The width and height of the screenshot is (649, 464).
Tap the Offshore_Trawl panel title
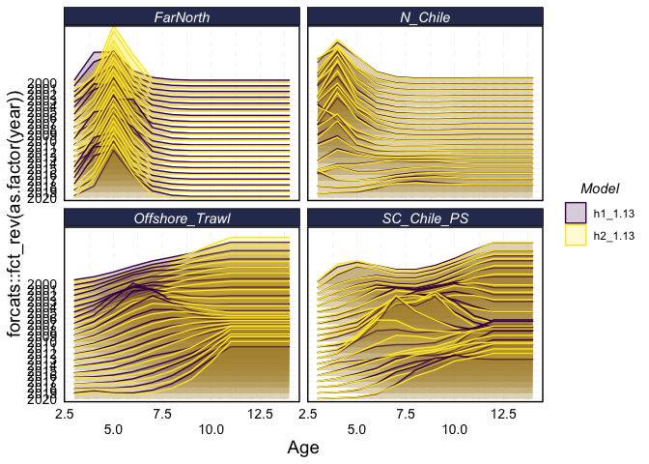182,218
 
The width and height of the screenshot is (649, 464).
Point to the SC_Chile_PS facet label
425,218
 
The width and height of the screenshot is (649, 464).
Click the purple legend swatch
576,212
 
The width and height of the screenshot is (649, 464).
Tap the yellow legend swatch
576,235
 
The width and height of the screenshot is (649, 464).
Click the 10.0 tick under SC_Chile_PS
455,426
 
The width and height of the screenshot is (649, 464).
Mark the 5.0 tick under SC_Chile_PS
356,426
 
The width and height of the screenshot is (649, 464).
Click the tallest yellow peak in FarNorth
114,29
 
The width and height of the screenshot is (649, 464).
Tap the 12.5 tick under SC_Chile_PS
504,413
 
